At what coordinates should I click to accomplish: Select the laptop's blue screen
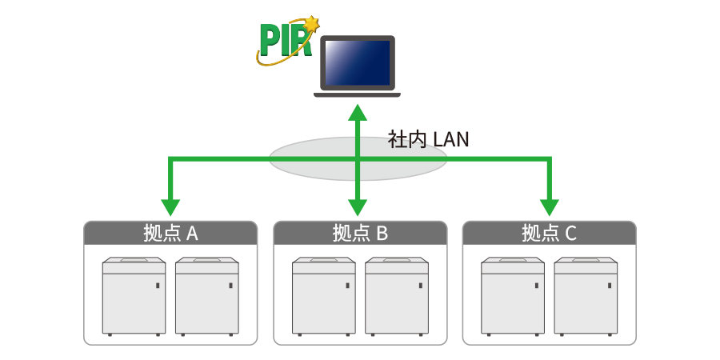(357, 63)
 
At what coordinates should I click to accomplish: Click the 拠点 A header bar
(170, 233)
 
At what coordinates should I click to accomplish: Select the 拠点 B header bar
(360, 233)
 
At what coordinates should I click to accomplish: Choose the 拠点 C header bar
(550, 233)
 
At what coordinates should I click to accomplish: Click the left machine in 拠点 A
(134, 296)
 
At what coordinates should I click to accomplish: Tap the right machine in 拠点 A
(207, 296)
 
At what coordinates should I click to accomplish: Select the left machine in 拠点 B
(323, 296)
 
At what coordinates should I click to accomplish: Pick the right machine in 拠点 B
(397, 296)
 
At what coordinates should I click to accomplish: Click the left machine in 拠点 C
(513, 296)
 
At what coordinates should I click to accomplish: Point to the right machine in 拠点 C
(586, 296)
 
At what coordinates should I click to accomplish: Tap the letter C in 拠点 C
(570, 234)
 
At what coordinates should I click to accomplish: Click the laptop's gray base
(357, 94)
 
